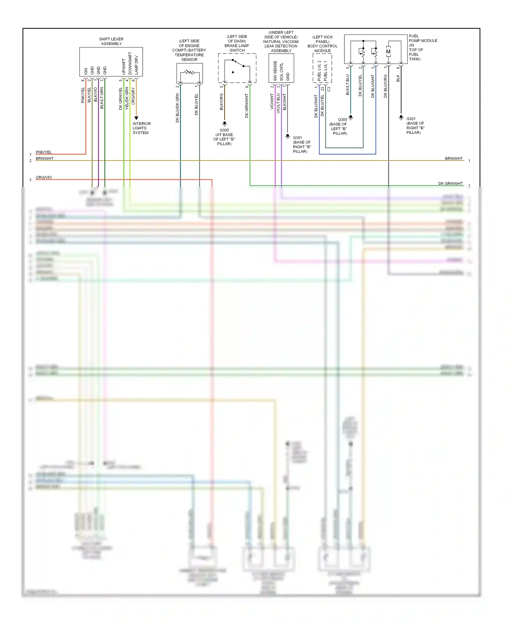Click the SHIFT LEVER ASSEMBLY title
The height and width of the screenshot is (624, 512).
111,41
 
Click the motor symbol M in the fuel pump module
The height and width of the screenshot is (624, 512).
388,52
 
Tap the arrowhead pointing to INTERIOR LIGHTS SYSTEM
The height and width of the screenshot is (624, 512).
136,118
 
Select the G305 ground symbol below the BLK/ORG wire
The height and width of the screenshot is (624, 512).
225,124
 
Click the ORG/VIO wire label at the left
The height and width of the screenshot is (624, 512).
44,178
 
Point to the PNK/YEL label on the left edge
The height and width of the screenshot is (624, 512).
44,152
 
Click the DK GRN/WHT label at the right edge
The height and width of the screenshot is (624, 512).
451,184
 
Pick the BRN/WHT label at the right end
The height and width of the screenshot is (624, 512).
454,158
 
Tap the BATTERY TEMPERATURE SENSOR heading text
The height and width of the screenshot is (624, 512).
189,50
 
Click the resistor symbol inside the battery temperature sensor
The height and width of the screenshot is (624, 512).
189,72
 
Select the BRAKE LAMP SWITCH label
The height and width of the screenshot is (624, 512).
237,46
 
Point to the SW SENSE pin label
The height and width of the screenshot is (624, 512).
275,71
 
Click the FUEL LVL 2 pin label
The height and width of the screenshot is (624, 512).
319,71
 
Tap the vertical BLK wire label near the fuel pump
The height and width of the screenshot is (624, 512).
398,79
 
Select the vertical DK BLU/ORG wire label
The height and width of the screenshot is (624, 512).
385,86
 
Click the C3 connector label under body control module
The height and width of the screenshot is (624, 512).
329,89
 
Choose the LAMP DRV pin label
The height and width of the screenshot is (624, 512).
136,65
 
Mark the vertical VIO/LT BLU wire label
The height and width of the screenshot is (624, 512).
278,103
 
